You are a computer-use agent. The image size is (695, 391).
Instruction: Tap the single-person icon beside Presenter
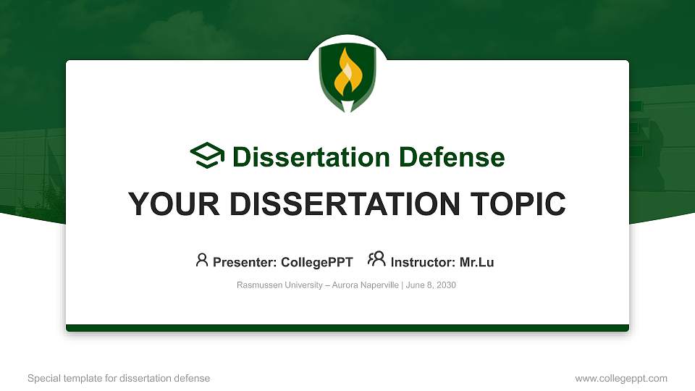202,260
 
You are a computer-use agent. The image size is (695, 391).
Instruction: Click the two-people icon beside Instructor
376,259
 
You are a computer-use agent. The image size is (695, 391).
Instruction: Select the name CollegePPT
316,262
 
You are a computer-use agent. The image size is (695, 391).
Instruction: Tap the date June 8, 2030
431,285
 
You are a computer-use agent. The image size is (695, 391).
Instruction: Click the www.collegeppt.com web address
621,378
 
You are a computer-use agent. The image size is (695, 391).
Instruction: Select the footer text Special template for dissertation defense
119,378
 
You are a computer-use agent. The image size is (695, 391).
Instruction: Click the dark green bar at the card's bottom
347,328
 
